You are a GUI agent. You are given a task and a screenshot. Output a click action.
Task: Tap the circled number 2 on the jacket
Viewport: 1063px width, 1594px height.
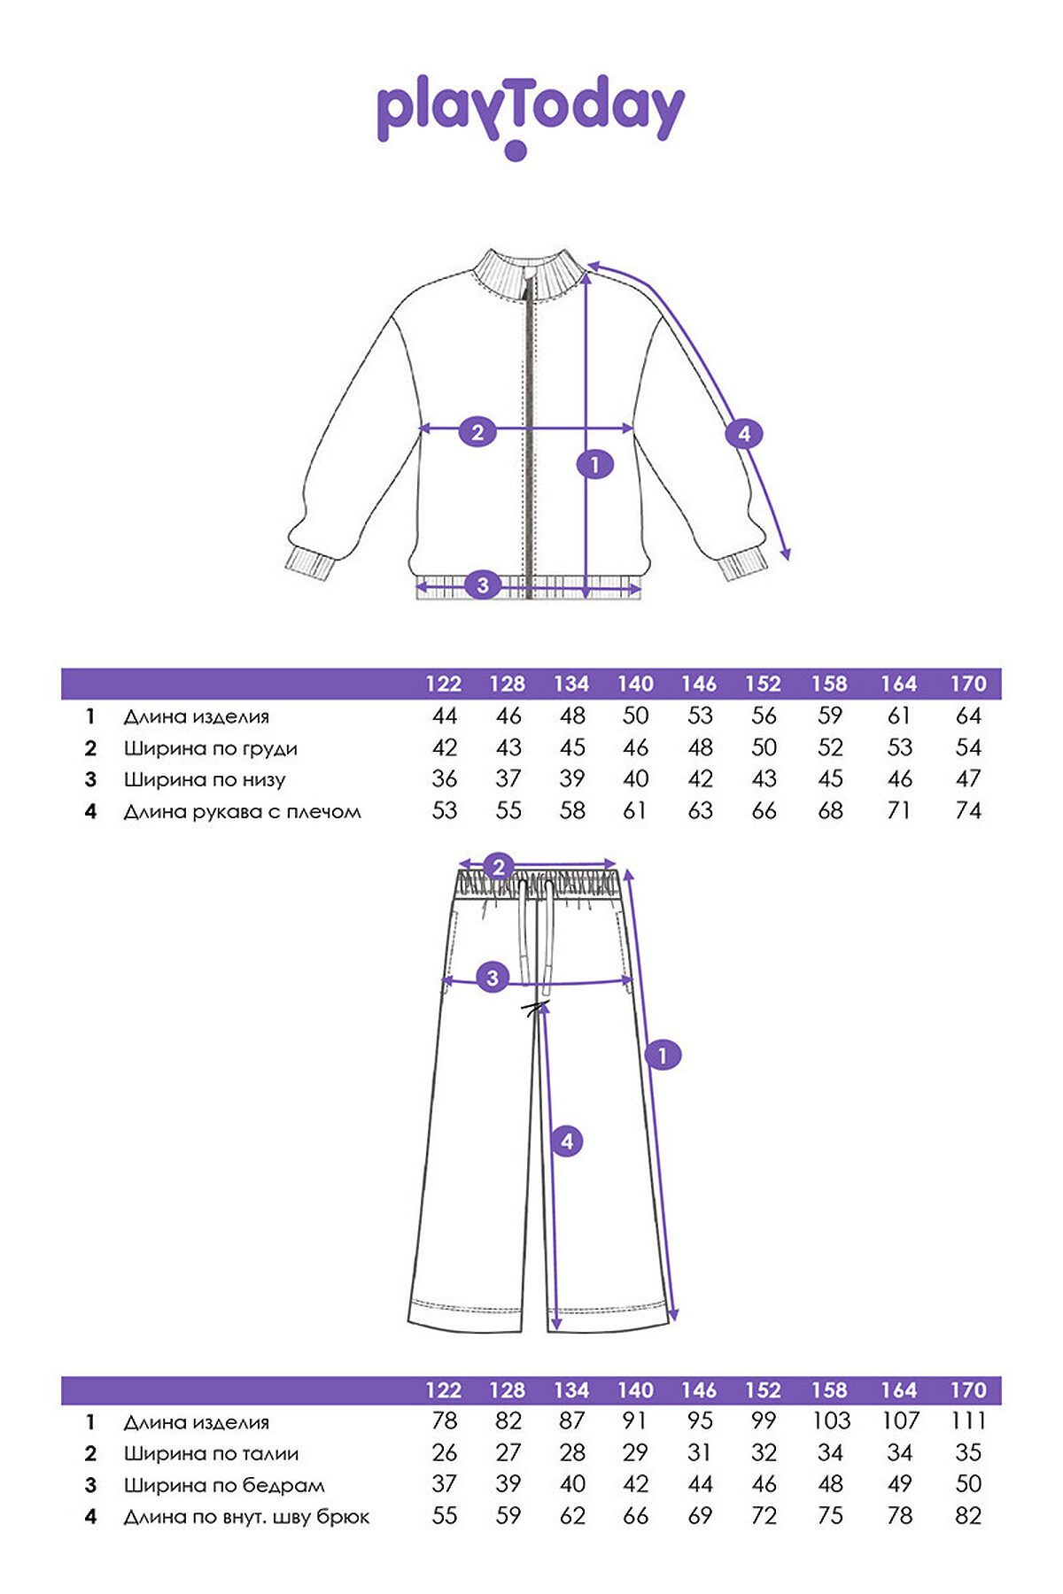tap(477, 432)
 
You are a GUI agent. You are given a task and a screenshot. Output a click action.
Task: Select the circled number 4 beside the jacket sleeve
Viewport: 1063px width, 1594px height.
tap(744, 434)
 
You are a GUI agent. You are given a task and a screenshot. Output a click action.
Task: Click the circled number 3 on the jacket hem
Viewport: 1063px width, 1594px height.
tap(483, 585)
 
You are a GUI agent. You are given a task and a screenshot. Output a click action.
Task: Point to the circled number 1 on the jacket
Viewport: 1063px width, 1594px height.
tap(594, 463)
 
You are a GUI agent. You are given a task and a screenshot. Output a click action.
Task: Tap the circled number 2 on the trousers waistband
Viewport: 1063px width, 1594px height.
tap(499, 867)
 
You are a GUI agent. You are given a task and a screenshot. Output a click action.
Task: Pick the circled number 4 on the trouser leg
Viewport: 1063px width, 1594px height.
tap(567, 1141)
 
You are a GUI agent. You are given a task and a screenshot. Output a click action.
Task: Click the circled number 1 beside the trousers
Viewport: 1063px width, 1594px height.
tap(662, 1055)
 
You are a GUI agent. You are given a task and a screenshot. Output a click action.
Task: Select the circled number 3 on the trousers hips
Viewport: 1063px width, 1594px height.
tap(493, 979)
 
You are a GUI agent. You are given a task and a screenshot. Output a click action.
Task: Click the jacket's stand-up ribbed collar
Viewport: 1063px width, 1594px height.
tap(529, 275)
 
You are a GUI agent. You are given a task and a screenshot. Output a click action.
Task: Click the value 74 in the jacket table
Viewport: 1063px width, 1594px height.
tap(968, 810)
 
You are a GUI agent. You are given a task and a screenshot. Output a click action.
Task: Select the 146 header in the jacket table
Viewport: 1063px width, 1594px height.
tap(699, 684)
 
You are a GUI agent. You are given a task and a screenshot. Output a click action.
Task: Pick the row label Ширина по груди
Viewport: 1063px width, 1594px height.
tap(211, 748)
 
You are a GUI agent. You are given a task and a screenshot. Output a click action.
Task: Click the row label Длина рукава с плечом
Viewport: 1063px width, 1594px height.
tap(242, 811)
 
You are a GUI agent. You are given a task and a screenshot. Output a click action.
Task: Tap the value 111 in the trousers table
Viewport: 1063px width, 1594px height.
tap(969, 1421)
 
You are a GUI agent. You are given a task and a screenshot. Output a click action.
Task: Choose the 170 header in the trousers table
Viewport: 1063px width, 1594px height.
tap(968, 1390)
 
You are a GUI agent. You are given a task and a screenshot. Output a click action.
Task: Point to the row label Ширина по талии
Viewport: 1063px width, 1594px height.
tap(211, 1453)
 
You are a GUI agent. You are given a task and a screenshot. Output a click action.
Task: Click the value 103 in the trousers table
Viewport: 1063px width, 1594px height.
tap(831, 1421)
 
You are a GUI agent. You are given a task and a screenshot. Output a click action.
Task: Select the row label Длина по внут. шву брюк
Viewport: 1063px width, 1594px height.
tap(246, 1517)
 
